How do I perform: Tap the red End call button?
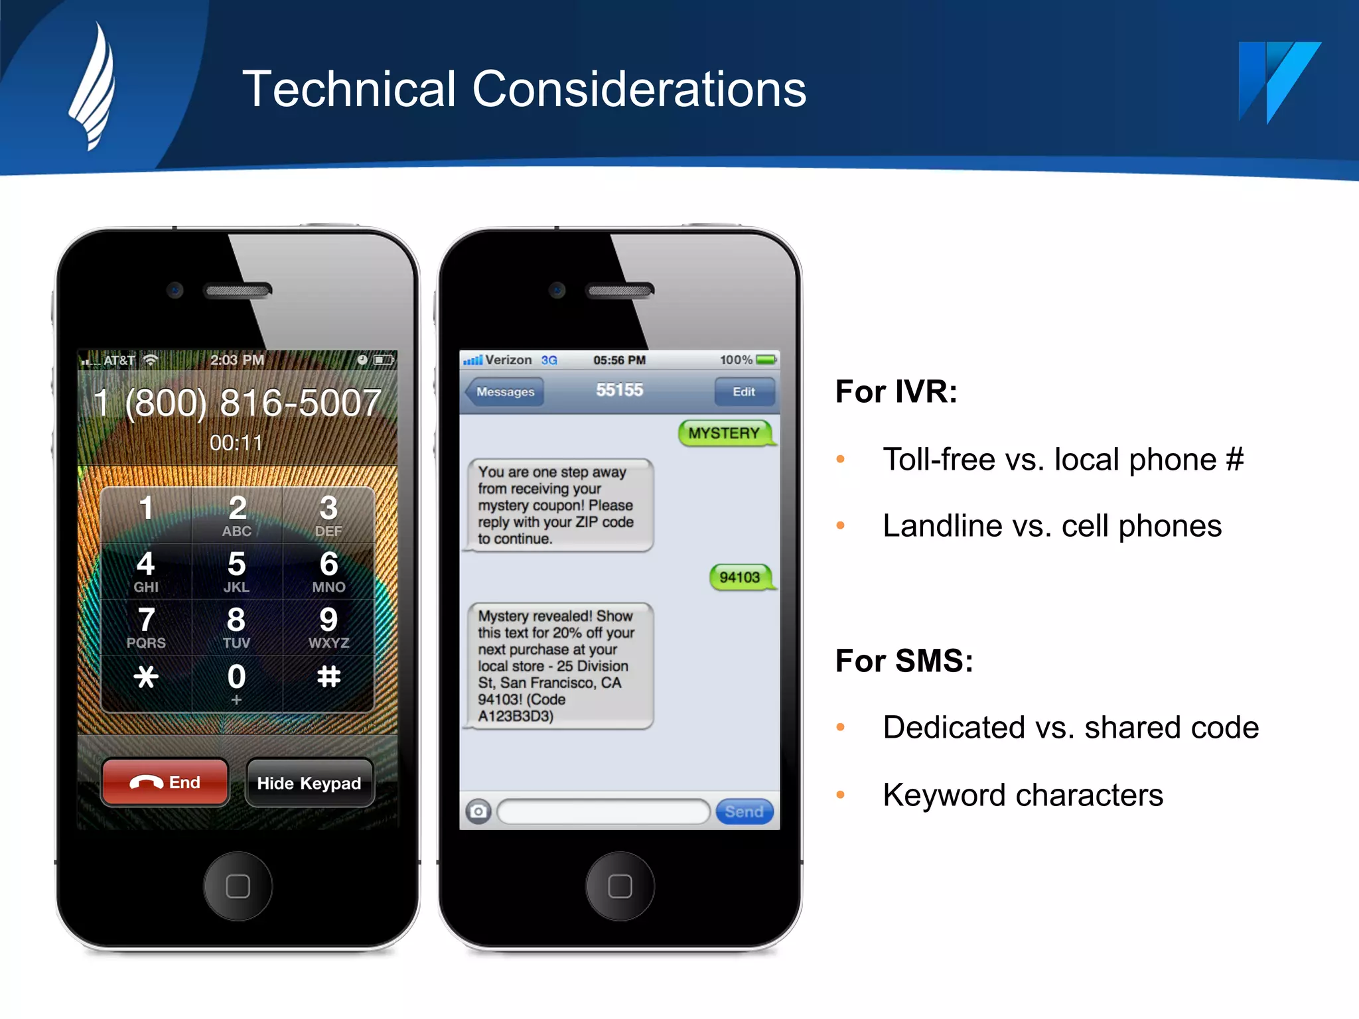click(x=165, y=783)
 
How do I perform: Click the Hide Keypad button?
click(x=309, y=783)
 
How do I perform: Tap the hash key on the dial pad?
click(x=328, y=677)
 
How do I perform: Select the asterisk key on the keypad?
click(x=146, y=677)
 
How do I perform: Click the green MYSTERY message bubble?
click(x=725, y=433)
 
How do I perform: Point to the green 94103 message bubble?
click(x=740, y=577)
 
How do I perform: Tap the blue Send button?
click(x=744, y=811)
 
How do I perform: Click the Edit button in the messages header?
click(x=744, y=392)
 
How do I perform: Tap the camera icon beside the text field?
click(x=478, y=811)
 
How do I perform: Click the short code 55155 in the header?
click(x=619, y=390)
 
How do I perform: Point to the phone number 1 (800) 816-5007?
click(x=237, y=403)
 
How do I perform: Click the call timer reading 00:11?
click(x=236, y=442)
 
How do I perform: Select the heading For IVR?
click(x=896, y=391)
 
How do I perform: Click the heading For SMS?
click(x=904, y=661)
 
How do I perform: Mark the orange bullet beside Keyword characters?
click(x=841, y=795)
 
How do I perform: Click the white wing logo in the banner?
click(x=93, y=86)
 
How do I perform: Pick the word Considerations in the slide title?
click(x=639, y=89)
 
